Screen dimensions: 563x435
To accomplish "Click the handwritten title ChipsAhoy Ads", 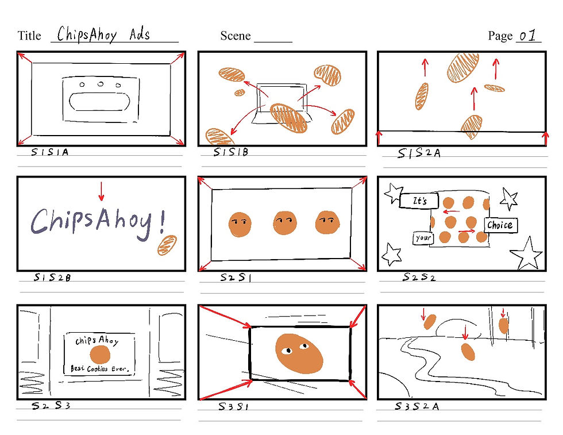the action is (103, 34).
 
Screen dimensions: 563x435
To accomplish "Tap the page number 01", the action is (528, 35).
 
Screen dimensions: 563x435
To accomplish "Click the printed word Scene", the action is (235, 36).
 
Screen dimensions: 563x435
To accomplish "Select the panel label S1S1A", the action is (49, 152).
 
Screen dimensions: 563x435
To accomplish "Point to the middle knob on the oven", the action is (101, 84).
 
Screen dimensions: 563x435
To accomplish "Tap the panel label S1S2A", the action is (419, 153).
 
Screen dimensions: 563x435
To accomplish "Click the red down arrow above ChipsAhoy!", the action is (101, 191).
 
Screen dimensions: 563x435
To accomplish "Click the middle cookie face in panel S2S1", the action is (285, 223).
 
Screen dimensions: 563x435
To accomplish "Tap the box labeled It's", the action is (419, 201).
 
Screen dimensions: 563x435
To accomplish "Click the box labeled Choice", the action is (500, 225).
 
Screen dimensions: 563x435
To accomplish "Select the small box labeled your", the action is (423, 238).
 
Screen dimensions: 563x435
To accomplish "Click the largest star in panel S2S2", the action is (527, 254).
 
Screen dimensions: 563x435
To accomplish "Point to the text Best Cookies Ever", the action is (99, 368).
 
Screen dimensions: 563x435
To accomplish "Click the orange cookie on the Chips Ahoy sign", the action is (100, 355).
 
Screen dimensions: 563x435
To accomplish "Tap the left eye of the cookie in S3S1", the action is (287, 351).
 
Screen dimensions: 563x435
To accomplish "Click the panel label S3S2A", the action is (417, 406).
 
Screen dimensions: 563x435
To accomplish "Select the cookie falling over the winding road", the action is (468, 352).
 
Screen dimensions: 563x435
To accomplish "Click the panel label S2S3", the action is (51, 406).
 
